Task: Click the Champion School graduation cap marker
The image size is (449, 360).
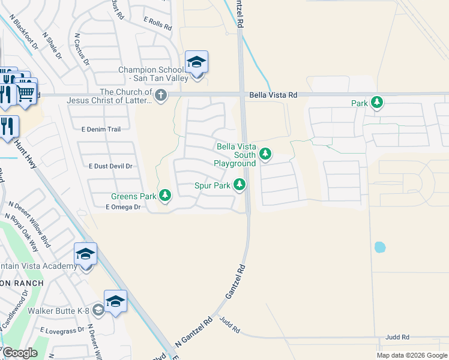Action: point(196,62)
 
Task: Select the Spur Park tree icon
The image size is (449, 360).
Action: point(240,184)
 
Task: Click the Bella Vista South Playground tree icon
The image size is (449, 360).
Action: point(265,155)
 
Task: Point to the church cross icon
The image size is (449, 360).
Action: point(160,95)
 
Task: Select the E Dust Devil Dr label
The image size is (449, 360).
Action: point(110,166)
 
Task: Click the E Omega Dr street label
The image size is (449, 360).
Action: point(122,207)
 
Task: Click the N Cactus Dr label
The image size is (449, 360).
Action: point(82,49)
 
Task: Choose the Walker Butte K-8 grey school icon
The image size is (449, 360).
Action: point(98,310)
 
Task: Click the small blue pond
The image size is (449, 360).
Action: point(379,247)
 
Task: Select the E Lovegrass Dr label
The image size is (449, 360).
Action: point(62,330)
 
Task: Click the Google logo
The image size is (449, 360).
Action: point(20,353)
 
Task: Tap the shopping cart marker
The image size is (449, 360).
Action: point(25,92)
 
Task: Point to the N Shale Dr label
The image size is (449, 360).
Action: point(52,46)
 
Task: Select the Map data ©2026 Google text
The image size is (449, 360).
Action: point(411,355)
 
